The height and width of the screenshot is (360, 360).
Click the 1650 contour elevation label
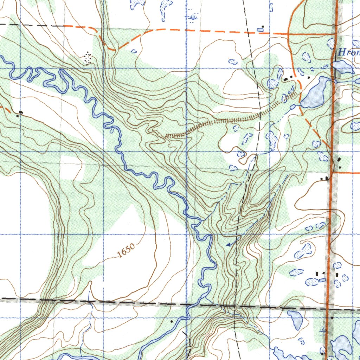pyautogui.click(x=126, y=251)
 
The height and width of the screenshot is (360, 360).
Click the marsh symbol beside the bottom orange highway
pyautogui.click(x=322, y=330)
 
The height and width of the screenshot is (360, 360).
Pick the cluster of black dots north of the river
pyautogui.click(x=87, y=59)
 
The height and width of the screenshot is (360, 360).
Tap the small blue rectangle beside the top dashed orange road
pyautogui.click(x=260, y=30)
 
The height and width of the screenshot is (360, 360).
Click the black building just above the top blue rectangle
pyautogui.click(x=263, y=26)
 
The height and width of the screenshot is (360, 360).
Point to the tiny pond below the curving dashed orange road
pyautogui.click(x=134, y=51)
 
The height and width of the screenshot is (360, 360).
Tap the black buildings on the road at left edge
pyautogui.click(x=20, y=113)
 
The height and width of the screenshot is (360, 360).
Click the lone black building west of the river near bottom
pyautogui.click(x=172, y=321)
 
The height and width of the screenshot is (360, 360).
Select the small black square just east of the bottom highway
pyautogui.click(x=332, y=318)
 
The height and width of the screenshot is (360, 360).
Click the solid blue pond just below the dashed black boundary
pyautogui.click(x=296, y=318)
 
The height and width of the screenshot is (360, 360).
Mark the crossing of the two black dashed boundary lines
pyautogui.click(x=235, y=307)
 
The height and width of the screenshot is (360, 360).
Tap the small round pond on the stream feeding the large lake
pyautogui.click(x=292, y=106)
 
